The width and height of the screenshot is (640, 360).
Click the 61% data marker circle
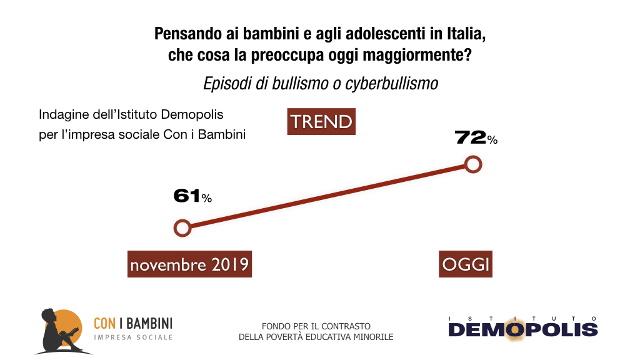(182, 228)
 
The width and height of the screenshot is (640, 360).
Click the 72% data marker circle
(474, 164)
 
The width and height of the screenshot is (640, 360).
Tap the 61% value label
(192, 196)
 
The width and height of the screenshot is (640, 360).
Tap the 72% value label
(476, 137)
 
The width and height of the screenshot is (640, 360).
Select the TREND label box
(321, 122)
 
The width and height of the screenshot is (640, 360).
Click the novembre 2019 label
(189, 264)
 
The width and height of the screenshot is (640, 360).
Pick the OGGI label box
(466, 264)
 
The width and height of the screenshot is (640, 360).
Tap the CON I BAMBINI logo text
(132, 323)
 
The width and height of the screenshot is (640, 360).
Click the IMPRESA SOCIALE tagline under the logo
(132, 337)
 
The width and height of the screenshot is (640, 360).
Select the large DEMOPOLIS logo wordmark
(523, 330)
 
